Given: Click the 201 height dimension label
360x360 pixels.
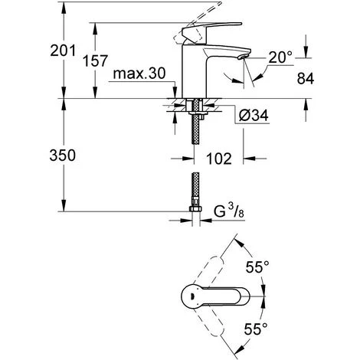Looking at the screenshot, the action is point(63,51).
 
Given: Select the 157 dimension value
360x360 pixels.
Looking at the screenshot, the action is point(95,61).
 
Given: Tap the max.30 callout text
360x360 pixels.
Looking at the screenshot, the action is point(139,74).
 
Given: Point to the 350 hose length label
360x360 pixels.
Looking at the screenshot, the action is point(63,155).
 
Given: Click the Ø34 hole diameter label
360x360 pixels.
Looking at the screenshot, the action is point(254,115).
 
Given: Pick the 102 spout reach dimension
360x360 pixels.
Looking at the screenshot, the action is point(219,159).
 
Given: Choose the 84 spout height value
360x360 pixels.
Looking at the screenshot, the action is point(306,78).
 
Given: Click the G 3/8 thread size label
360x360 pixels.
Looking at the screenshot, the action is point(228,211).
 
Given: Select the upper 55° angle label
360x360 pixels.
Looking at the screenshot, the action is point(257,267).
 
